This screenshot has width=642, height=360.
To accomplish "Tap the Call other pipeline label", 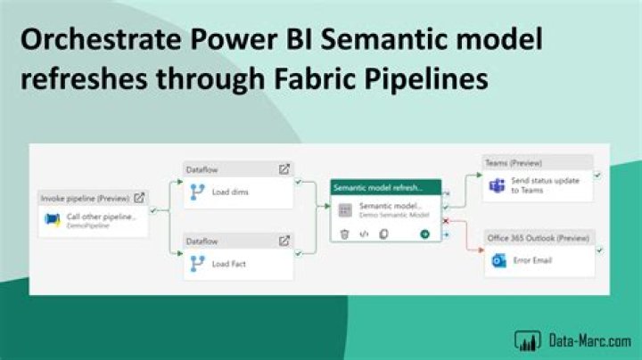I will click(101, 217).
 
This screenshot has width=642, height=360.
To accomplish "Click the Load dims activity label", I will click(230, 191).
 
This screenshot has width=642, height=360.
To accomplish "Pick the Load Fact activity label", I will click(229, 263).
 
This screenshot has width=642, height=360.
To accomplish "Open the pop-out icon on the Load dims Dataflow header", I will click(284, 168).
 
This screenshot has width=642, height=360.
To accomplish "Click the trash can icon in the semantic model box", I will click(344, 233).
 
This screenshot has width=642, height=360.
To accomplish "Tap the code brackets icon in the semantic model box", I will click(364, 233).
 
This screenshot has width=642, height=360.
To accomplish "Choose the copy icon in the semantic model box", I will click(383, 233).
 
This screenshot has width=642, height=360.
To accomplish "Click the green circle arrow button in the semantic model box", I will click(425, 233).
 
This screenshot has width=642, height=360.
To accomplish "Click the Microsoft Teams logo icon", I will click(498, 185).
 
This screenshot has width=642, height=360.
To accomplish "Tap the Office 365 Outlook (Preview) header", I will click(538, 238).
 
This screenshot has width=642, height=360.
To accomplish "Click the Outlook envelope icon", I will click(498, 261).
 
